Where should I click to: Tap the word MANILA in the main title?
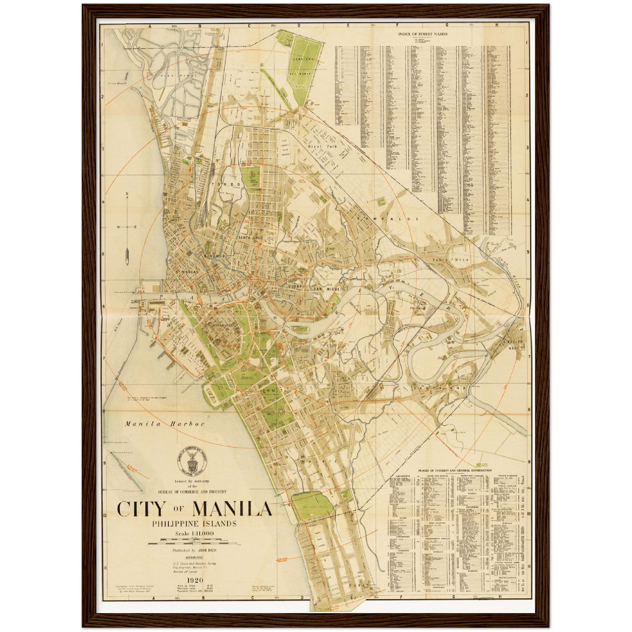coord(232,509)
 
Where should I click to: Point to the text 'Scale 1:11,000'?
coord(195,533)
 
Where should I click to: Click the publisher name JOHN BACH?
coord(207,550)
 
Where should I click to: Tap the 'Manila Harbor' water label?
coord(165,423)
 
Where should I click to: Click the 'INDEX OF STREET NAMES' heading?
coord(422,34)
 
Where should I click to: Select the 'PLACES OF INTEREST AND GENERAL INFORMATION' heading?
coord(454,471)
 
